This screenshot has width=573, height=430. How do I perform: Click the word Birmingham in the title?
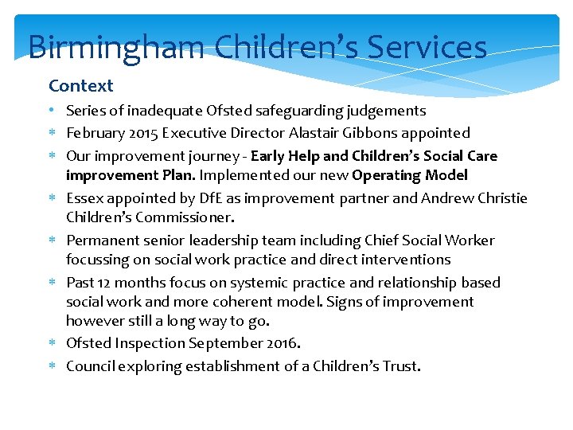116,47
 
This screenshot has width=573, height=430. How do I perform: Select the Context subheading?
81,86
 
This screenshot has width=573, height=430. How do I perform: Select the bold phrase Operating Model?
410,175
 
